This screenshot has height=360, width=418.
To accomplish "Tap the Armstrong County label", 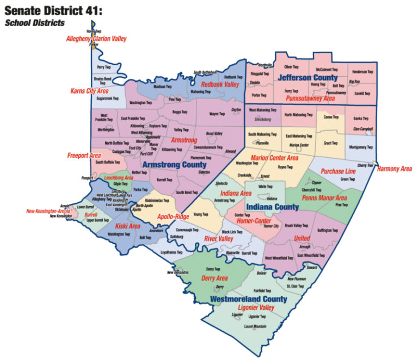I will click(x=174, y=164).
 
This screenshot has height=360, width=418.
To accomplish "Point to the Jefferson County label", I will click(x=308, y=78).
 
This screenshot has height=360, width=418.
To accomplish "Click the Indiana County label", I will click(x=272, y=207).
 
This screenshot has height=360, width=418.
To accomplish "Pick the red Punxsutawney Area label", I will click(x=310, y=98).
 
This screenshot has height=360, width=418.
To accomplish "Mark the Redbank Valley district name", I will click(x=220, y=85).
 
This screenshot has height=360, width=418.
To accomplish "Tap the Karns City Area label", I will click(x=89, y=91).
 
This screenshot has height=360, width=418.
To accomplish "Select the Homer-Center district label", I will click(x=253, y=220).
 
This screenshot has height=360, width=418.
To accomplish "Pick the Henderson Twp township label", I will click(x=362, y=71).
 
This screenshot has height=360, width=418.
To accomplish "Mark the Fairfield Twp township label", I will click(x=262, y=291).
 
